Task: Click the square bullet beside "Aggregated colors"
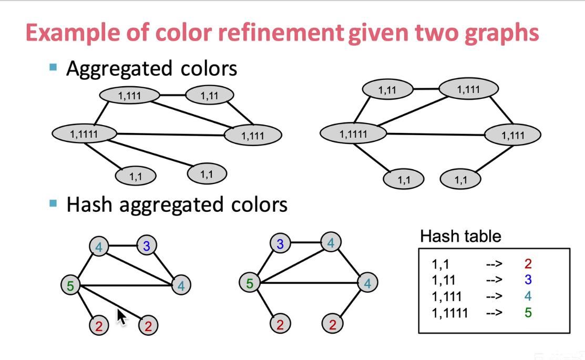(x=53, y=67)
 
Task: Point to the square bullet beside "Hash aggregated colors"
(x=53, y=203)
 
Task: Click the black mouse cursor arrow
(x=121, y=317)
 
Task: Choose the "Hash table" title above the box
(x=460, y=236)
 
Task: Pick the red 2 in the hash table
(x=528, y=264)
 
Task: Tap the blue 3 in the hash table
(x=528, y=280)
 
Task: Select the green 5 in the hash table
(x=528, y=313)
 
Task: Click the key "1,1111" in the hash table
(x=450, y=313)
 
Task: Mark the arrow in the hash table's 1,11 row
(x=494, y=280)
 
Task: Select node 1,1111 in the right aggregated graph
(x=353, y=133)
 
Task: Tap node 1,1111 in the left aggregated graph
(x=84, y=133)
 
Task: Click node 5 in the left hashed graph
(x=70, y=285)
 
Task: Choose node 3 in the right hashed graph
(x=280, y=243)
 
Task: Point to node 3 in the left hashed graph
(x=147, y=245)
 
